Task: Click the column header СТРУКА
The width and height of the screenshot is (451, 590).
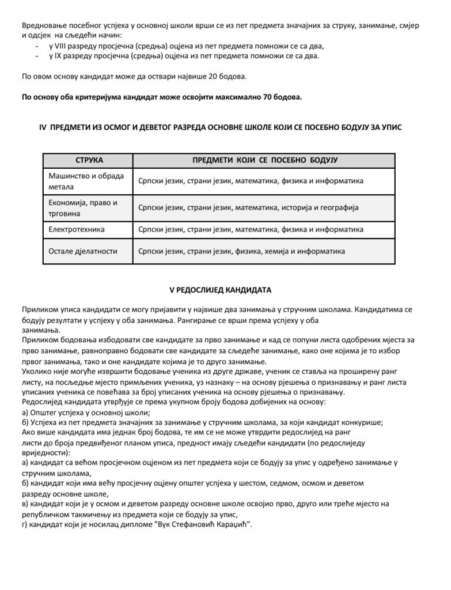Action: point(88,160)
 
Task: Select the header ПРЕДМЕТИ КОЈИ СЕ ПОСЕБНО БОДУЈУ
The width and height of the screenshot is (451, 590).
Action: point(264,160)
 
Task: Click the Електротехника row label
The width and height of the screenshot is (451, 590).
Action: point(77,229)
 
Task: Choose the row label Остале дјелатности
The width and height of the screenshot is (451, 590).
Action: point(80,251)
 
